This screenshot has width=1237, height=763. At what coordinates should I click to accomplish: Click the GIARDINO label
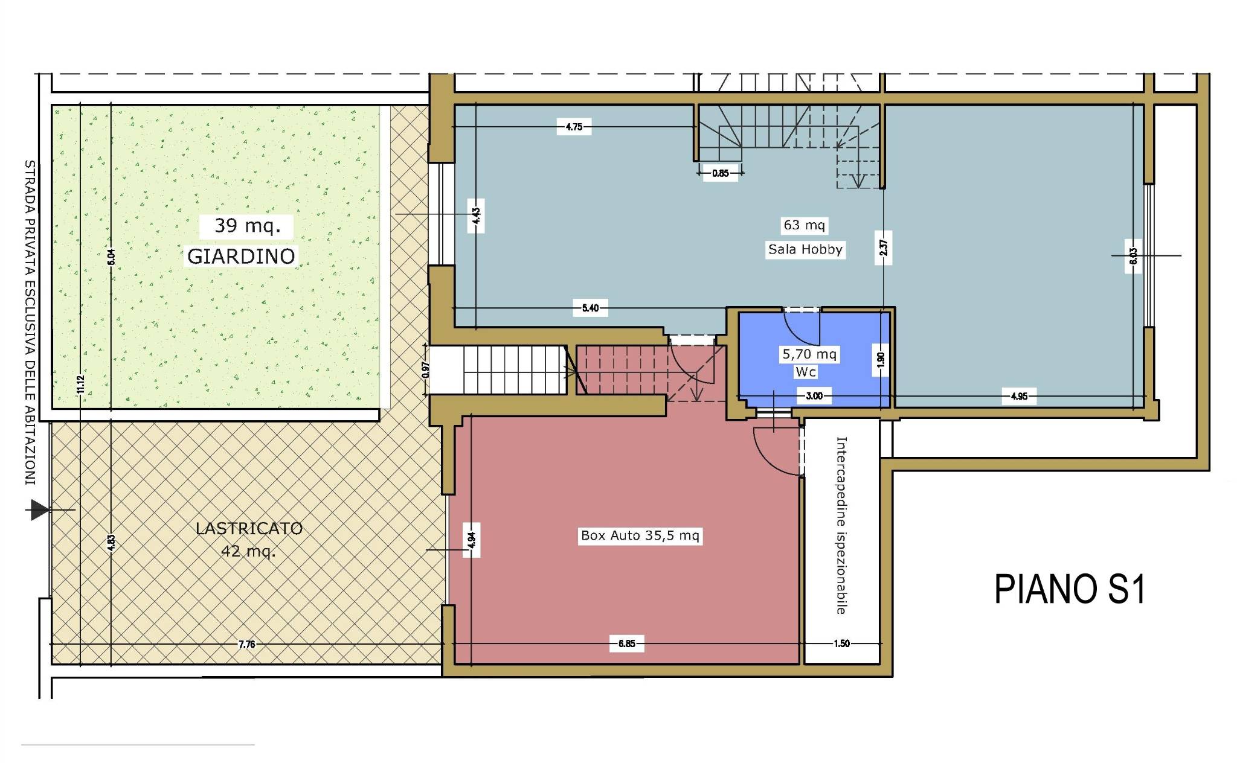pyautogui.click(x=241, y=256)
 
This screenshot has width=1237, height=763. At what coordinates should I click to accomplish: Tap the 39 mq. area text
pyautogui.click(x=248, y=226)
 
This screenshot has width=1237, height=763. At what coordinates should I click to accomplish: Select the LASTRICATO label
pyautogui.click(x=249, y=528)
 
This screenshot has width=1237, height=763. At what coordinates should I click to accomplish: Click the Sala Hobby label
pyautogui.click(x=805, y=249)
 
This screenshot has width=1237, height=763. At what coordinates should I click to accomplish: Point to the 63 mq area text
pyautogui.click(x=804, y=225)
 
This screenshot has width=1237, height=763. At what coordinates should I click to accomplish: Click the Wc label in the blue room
pyautogui.click(x=806, y=372)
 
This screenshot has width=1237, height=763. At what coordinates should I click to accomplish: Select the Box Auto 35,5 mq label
pyautogui.click(x=640, y=535)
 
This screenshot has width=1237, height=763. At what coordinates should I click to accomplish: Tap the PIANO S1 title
pyautogui.click(x=1070, y=589)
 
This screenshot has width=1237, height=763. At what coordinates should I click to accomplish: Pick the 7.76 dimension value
pyautogui.click(x=246, y=644)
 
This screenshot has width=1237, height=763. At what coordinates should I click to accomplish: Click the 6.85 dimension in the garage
pyautogui.click(x=626, y=643)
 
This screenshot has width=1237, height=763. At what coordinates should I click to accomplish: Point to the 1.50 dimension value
pyautogui.click(x=841, y=643)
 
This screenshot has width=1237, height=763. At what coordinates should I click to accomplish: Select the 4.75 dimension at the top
pyautogui.click(x=574, y=127)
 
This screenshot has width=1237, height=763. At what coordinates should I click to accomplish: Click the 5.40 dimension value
pyautogui.click(x=590, y=308)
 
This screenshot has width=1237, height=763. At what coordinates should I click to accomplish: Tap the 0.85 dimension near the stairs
pyautogui.click(x=721, y=173)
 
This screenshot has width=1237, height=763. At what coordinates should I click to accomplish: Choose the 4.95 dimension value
pyautogui.click(x=1019, y=397)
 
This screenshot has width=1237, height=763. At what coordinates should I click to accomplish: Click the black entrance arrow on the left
pyautogui.click(x=40, y=510)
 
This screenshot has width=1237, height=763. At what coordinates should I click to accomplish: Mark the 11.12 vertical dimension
pyautogui.click(x=80, y=384)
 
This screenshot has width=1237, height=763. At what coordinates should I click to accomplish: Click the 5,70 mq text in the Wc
pyautogui.click(x=809, y=354)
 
